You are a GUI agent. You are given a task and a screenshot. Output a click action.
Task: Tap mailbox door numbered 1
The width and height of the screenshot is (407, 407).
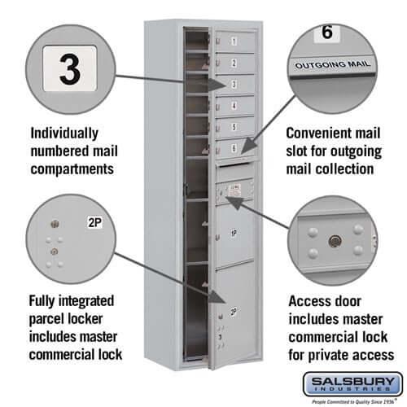coord(234,41)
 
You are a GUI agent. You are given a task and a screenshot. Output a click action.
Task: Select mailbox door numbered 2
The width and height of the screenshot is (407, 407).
coord(234,63)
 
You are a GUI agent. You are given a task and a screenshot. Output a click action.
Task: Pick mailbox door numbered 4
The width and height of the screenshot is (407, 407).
coord(234,106)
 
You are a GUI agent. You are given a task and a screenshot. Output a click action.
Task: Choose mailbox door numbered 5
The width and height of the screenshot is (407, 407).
coord(234,127)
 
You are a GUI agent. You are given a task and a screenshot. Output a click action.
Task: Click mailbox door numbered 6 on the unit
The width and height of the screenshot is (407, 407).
coord(234,147)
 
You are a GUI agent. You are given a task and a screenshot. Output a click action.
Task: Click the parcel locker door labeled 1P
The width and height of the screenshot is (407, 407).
coord(234,234)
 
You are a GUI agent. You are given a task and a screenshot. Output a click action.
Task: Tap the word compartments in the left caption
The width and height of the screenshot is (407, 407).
coord(71,169)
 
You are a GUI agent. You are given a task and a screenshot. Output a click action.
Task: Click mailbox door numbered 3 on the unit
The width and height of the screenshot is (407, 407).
coord(234,84)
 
